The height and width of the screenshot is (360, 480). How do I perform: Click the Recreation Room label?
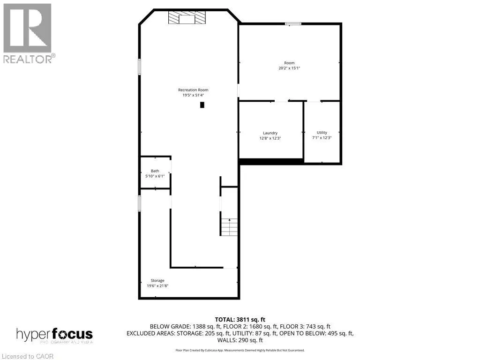[x=193, y=90]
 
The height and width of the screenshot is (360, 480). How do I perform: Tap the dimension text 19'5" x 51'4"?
[x=193, y=95]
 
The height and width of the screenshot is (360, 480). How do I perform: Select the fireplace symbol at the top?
[x=187, y=18]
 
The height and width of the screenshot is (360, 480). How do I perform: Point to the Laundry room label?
[x=270, y=133]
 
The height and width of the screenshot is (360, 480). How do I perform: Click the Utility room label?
[x=322, y=133]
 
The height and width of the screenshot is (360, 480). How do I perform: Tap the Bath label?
[x=155, y=171]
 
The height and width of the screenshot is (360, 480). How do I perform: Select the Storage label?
[x=157, y=280]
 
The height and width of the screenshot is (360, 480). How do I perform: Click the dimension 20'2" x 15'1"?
[x=289, y=68]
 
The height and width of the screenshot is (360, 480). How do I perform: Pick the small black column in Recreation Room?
[x=202, y=105]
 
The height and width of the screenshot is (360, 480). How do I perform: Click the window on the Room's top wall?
[x=293, y=23]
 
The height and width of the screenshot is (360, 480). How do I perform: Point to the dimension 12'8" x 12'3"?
[x=270, y=138]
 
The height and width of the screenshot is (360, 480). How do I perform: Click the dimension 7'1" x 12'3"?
[x=322, y=138]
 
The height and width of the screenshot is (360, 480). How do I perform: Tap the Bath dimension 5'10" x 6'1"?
[x=155, y=176]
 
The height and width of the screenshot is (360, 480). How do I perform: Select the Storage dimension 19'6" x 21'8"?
[x=157, y=285]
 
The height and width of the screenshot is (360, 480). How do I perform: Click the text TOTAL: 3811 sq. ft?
[x=240, y=320]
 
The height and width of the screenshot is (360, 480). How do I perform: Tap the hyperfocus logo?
[x=54, y=335]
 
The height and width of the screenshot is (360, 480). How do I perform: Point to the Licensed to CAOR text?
[x=28, y=356]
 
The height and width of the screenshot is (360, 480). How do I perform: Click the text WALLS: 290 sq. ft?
[x=240, y=340]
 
